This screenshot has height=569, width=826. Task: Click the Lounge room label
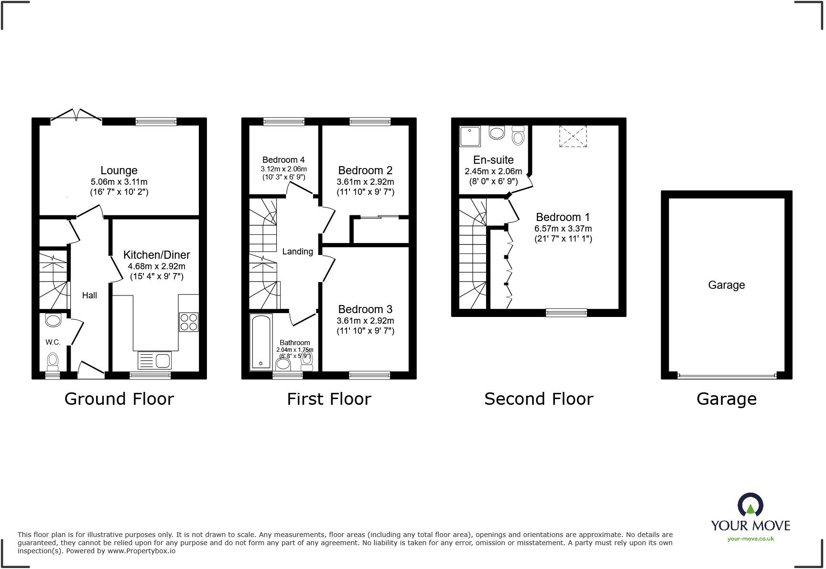pos(119,170)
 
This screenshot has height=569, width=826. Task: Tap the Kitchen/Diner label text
pos(157,255)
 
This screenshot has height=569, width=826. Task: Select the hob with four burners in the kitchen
pos(189,321)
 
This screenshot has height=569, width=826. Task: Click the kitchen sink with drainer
pos(154,360)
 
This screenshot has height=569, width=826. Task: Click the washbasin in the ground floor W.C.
pos(53,320)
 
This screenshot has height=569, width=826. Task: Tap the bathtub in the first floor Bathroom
pos(261,342)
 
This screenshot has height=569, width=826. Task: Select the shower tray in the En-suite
pos(470,136)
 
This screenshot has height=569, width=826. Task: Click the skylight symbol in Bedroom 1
pos(573,136)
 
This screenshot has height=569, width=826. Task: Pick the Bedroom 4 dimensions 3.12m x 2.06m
pos(283,169)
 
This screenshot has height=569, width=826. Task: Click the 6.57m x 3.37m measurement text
pos(563,229)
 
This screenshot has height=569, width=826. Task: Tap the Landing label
pos(297,252)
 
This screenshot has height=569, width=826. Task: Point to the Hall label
pos(89,295)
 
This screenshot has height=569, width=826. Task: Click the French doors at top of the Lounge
pos(76,115)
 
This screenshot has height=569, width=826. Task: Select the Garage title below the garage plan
pos(726,399)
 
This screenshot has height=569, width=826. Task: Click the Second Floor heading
pos(539,399)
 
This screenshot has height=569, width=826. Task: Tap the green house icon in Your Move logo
pos(750,509)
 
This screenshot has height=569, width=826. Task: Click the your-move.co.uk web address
pos(750,539)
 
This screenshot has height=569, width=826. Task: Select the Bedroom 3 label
pos(365,309)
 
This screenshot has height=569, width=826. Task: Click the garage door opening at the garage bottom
pos(727,376)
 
